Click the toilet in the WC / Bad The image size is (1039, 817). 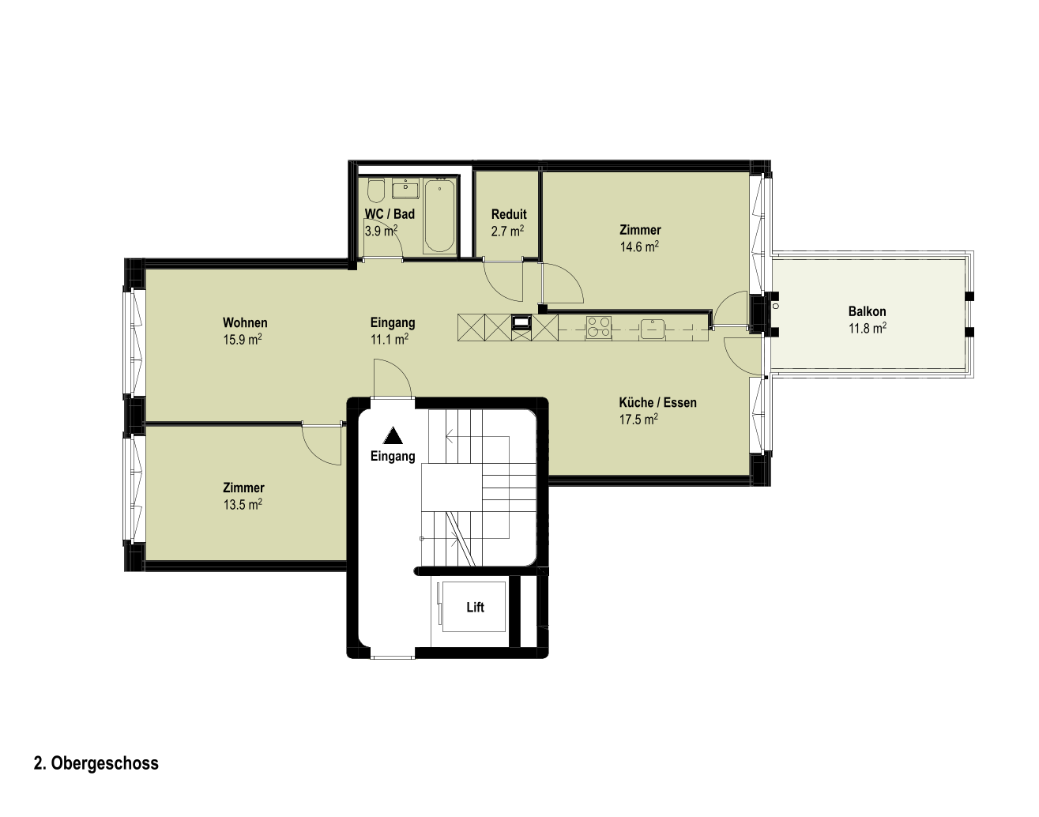[375, 190]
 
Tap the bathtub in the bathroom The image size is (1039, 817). [439, 216]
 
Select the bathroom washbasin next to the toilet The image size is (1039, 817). [405, 188]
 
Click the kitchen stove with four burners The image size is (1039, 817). [599, 327]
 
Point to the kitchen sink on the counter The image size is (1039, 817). [653, 329]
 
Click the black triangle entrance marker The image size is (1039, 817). [393, 435]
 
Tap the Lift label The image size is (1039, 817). [475, 608]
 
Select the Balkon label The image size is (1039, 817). [867, 311]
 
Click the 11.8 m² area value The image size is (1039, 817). [867, 329]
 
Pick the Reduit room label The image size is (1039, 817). [509, 214]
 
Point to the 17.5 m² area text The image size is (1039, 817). [638, 419]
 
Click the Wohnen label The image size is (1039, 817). [245, 322]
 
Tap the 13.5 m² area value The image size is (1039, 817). [243, 505]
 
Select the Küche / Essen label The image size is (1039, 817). [657, 402]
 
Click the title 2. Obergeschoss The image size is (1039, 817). [96, 763]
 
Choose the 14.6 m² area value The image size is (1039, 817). [639, 247]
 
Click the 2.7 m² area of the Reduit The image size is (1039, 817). [507, 232]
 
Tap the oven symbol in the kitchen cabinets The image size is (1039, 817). [521, 322]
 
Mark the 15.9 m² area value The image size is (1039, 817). [243, 340]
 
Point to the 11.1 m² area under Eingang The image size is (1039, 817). [390, 340]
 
